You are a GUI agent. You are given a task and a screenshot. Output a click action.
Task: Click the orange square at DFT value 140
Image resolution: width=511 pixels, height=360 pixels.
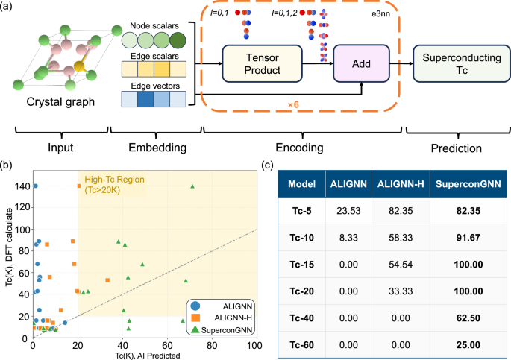pyautogui.click(x=79, y=186)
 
